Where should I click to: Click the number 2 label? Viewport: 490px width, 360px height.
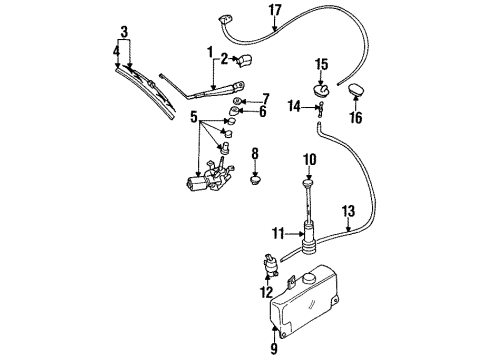pos(225,59)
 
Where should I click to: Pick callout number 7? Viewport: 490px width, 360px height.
pos(265,97)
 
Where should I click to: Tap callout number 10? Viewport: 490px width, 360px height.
pos(309,157)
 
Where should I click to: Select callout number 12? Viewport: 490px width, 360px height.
pos(264,292)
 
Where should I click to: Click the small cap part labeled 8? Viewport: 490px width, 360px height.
pos(255,181)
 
